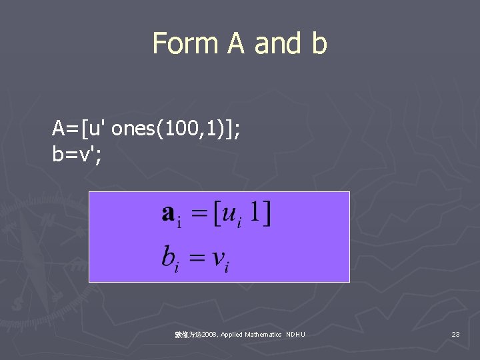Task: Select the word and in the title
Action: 279,43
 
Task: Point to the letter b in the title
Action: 319,43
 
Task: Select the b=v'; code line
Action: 77,153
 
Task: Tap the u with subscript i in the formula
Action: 232,215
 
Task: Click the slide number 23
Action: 455,334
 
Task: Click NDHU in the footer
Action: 295,334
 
